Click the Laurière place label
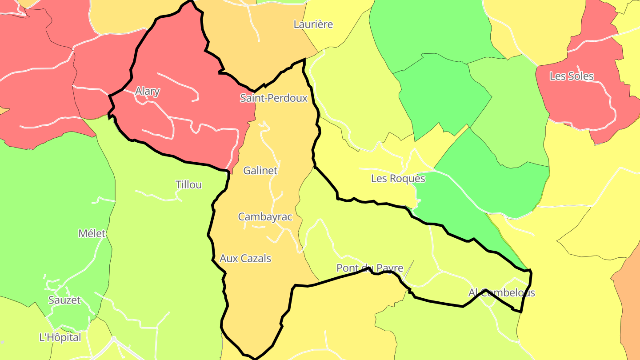[x=313, y=24]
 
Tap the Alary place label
[x=147, y=92]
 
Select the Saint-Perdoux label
[x=273, y=98]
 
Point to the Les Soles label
[x=572, y=76]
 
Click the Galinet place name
[x=260, y=171]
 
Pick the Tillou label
[x=188, y=185]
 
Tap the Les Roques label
[x=398, y=179]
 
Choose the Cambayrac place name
[x=265, y=217]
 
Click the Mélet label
[x=92, y=233]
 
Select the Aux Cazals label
[x=245, y=258]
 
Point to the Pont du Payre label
[x=370, y=268]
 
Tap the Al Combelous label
[x=501, y=292]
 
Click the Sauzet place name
[x=64, y=300]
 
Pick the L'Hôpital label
[x=60, y=337]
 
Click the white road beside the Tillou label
[x=156, y=196]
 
